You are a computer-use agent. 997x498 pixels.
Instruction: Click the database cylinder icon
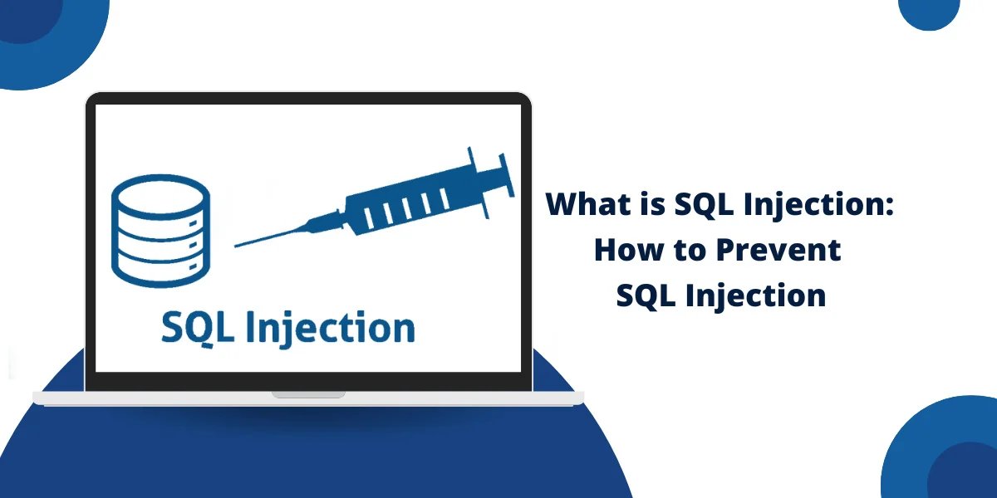[160, 231]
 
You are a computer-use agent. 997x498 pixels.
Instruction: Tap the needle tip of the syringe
[235, 246]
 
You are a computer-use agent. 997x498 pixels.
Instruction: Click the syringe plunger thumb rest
[507, 175]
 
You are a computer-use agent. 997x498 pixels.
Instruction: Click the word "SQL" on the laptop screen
[198, 328]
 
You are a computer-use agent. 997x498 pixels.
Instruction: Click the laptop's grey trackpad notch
[308, 394]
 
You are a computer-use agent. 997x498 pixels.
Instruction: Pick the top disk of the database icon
[160, 196]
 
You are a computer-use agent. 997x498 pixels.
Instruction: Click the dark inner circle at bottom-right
[964, 472]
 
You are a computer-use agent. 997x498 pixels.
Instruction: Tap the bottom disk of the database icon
[160, 269]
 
